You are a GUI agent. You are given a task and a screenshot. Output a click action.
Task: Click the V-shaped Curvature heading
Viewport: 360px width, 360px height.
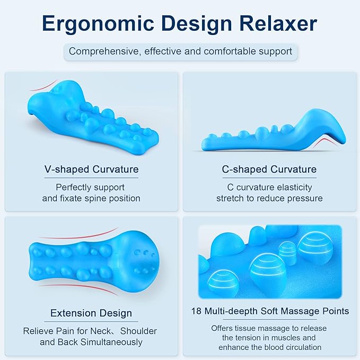92,170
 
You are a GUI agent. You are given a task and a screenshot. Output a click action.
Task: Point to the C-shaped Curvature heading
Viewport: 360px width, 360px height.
269,170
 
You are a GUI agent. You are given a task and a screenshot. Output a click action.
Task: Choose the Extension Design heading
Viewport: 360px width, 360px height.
91,313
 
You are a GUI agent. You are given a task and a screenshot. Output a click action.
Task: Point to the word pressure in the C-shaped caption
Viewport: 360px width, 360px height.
304,198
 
